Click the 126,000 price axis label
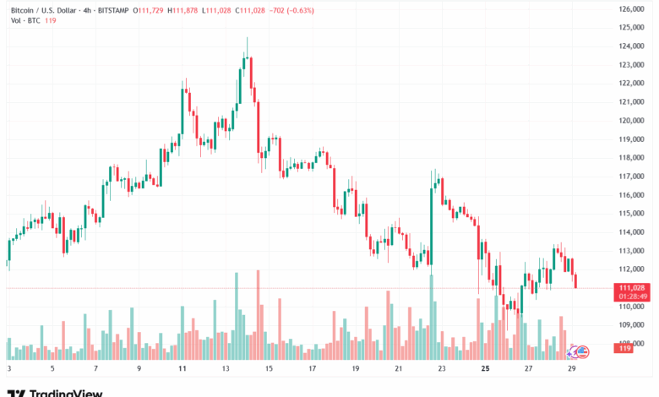[x=632, y=9]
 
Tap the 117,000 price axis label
[x=632, y=177]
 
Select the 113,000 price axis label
[x=632, y=251]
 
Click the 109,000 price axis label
[x=632, y=324]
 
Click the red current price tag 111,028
[x=632, y=287]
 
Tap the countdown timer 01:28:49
[x=632, y=296]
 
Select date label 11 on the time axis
[x=182, y=369]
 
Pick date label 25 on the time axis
[x=486, y=369]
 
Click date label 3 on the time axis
[x=8, y=369]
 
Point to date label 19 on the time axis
[x=356, y=369]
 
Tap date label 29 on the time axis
[x=574, y=369]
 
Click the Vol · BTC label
[x=23, y=20]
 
